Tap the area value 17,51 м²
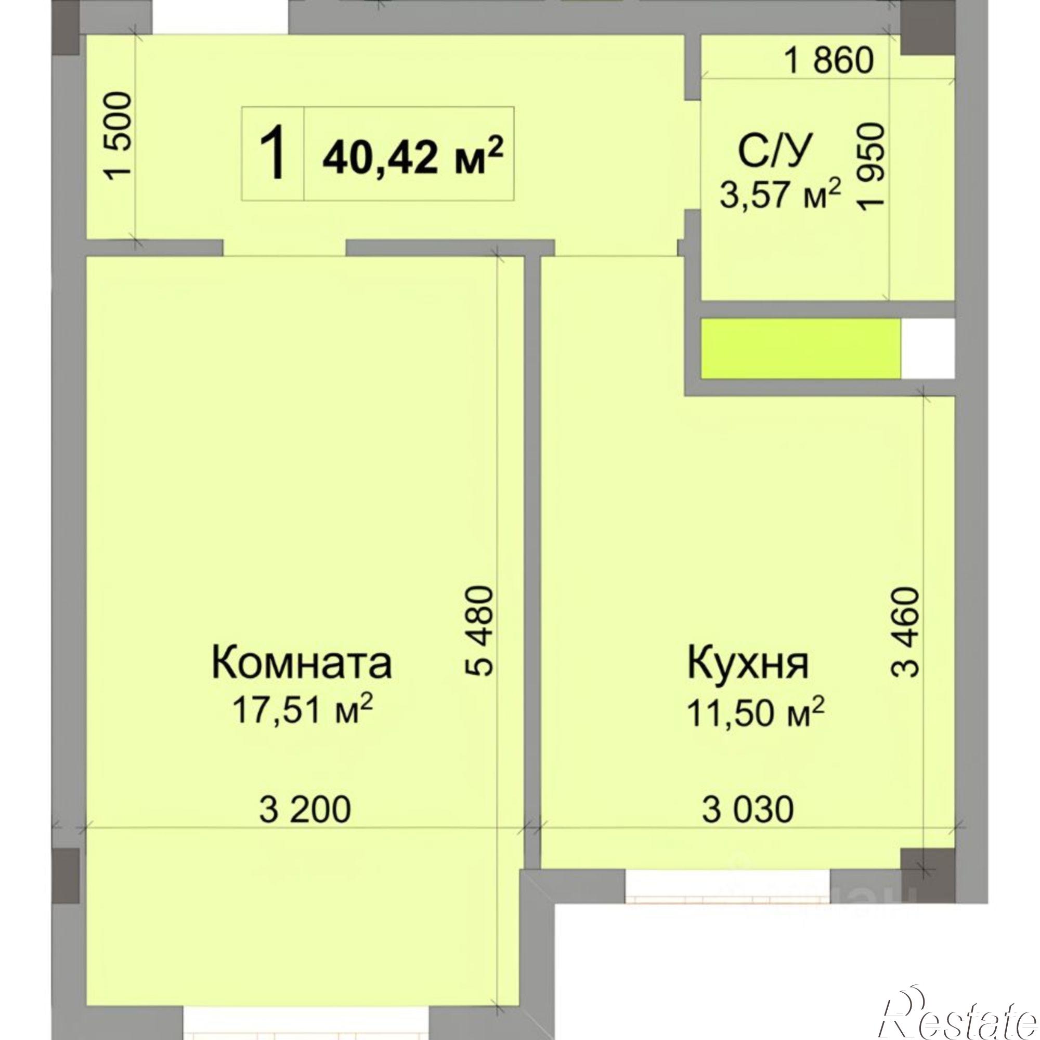(x=302, y=710)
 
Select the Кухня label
(x=748, y=662)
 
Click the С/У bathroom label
(x=774, y=151)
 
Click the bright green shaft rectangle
(x=800, y=348)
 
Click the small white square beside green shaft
(x=928, y=348)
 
